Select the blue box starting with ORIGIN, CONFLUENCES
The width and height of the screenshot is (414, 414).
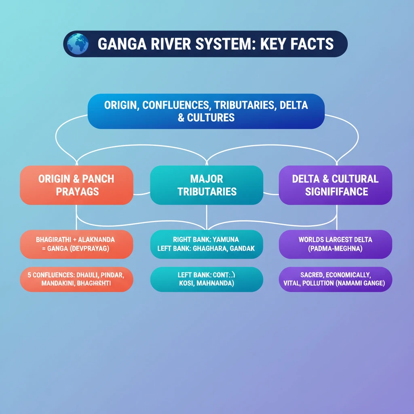(206, 111)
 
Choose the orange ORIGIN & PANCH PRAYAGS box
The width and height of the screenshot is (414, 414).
(76, 185)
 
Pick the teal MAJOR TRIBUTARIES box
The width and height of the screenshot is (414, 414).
(207, 185)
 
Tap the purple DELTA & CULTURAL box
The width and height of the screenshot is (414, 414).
(335, 185)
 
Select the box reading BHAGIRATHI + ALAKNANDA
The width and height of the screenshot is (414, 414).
(76, 244)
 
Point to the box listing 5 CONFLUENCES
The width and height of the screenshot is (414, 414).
(76, 279)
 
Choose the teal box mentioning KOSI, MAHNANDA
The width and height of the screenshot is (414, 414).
(207, 279)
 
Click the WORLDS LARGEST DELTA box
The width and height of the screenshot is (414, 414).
(335, 244)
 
